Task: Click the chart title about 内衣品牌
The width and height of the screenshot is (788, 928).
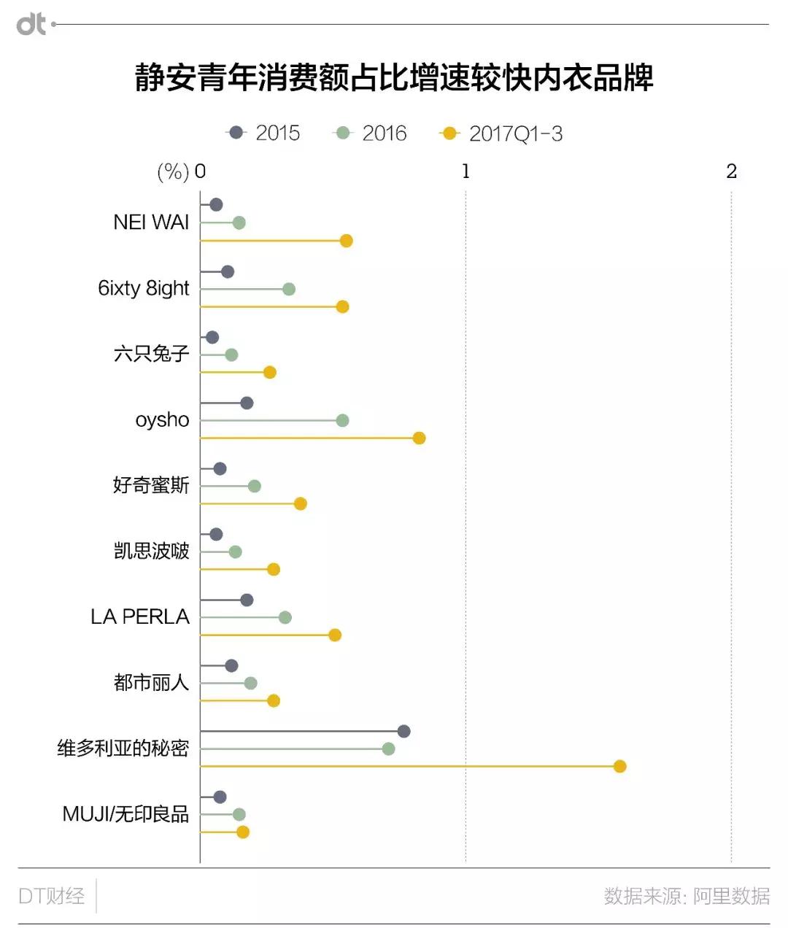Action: click(394, 77)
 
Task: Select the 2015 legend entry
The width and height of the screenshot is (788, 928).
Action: click(263, 133)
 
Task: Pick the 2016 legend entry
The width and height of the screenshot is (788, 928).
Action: click(370, 133)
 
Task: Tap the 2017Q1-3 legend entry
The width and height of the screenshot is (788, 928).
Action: click(501, 134)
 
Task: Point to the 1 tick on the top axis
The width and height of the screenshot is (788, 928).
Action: click(466, 171)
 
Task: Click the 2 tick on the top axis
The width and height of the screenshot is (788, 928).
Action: click(731, 171)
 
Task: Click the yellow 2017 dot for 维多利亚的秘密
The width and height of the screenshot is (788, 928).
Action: click(619, 766)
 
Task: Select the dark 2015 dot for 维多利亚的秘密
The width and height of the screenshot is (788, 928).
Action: click(403, 731)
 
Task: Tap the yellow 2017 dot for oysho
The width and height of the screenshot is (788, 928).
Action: click(419, 438)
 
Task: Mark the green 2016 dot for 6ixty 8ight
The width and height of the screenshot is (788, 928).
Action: click(289, 289)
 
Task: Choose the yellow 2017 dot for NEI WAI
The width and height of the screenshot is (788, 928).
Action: click(347, 241)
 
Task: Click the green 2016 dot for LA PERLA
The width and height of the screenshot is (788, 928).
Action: click(285, 617)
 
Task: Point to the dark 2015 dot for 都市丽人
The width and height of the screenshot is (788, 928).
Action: click(231, 665)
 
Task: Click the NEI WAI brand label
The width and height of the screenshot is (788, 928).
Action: click(151, 223)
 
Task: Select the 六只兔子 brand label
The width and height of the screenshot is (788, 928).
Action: click(152, 354)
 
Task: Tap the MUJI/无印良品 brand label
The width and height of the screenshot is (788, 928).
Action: click(125, 813)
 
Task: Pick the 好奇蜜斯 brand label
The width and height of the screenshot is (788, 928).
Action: click(151, 485)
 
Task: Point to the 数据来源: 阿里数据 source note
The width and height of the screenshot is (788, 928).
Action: click(686, 896)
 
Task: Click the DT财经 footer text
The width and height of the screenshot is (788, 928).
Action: click(52, 896)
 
